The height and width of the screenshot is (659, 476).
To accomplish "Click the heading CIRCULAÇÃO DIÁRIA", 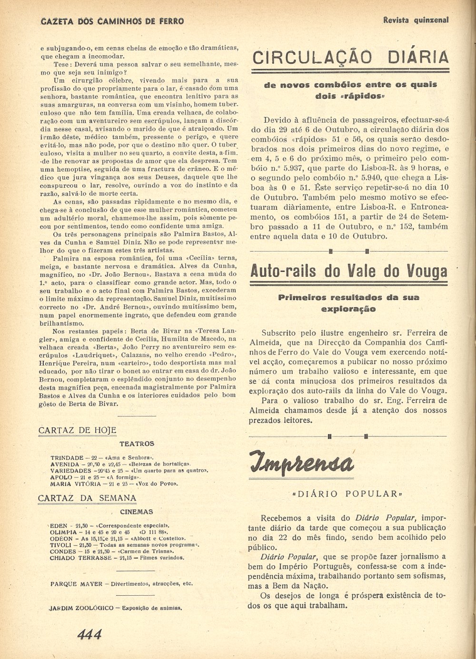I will click(x=350, y=58).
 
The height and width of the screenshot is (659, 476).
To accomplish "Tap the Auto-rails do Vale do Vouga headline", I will click(x=349, y=271).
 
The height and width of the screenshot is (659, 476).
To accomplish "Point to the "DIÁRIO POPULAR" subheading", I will click(x=347, y=494).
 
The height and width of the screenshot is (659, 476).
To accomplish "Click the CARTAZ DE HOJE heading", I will click(x=77, y=430).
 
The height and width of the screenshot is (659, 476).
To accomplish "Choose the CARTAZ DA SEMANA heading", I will click(x=87, y=498).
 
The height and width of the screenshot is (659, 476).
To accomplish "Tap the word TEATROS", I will click(x=137, y=444).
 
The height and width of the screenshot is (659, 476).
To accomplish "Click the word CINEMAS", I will click(x=137, y=512).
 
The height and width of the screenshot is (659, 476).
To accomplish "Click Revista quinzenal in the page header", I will click(x=416, y=20).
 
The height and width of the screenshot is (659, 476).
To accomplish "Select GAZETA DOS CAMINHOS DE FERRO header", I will click(x=113, y=21).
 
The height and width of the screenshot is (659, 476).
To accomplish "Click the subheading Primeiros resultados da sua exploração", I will click(x=349, y=303).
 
